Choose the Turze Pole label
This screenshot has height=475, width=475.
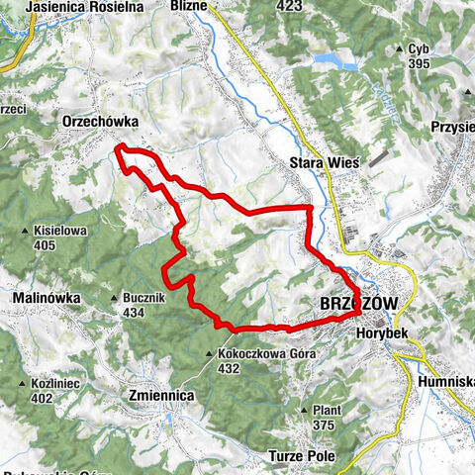(x=302, y=455)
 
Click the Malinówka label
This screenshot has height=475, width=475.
(x=40, y=298)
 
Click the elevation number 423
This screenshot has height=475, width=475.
(x=289, y=6)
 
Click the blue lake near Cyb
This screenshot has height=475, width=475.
(x=335, y=62)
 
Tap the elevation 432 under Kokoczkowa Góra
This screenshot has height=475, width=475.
(x=230, y=368)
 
